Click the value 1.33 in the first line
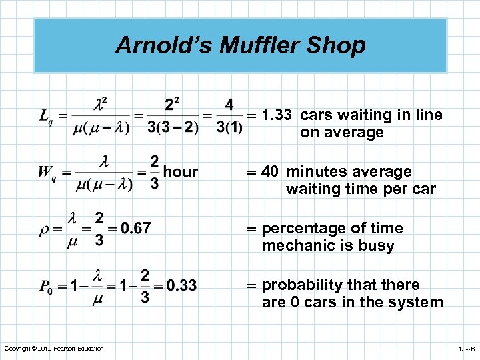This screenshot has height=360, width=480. (x=276, y=115)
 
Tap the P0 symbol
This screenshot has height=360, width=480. (x=45, y=287)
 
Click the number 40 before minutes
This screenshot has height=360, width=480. (x=270, y=172)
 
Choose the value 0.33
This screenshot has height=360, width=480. (x=181, y=286)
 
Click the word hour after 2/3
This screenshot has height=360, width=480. (x=181, y=172)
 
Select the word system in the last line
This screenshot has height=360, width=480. (x=419, y=302)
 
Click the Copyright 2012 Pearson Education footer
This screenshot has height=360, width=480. (x=53, y=349)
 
